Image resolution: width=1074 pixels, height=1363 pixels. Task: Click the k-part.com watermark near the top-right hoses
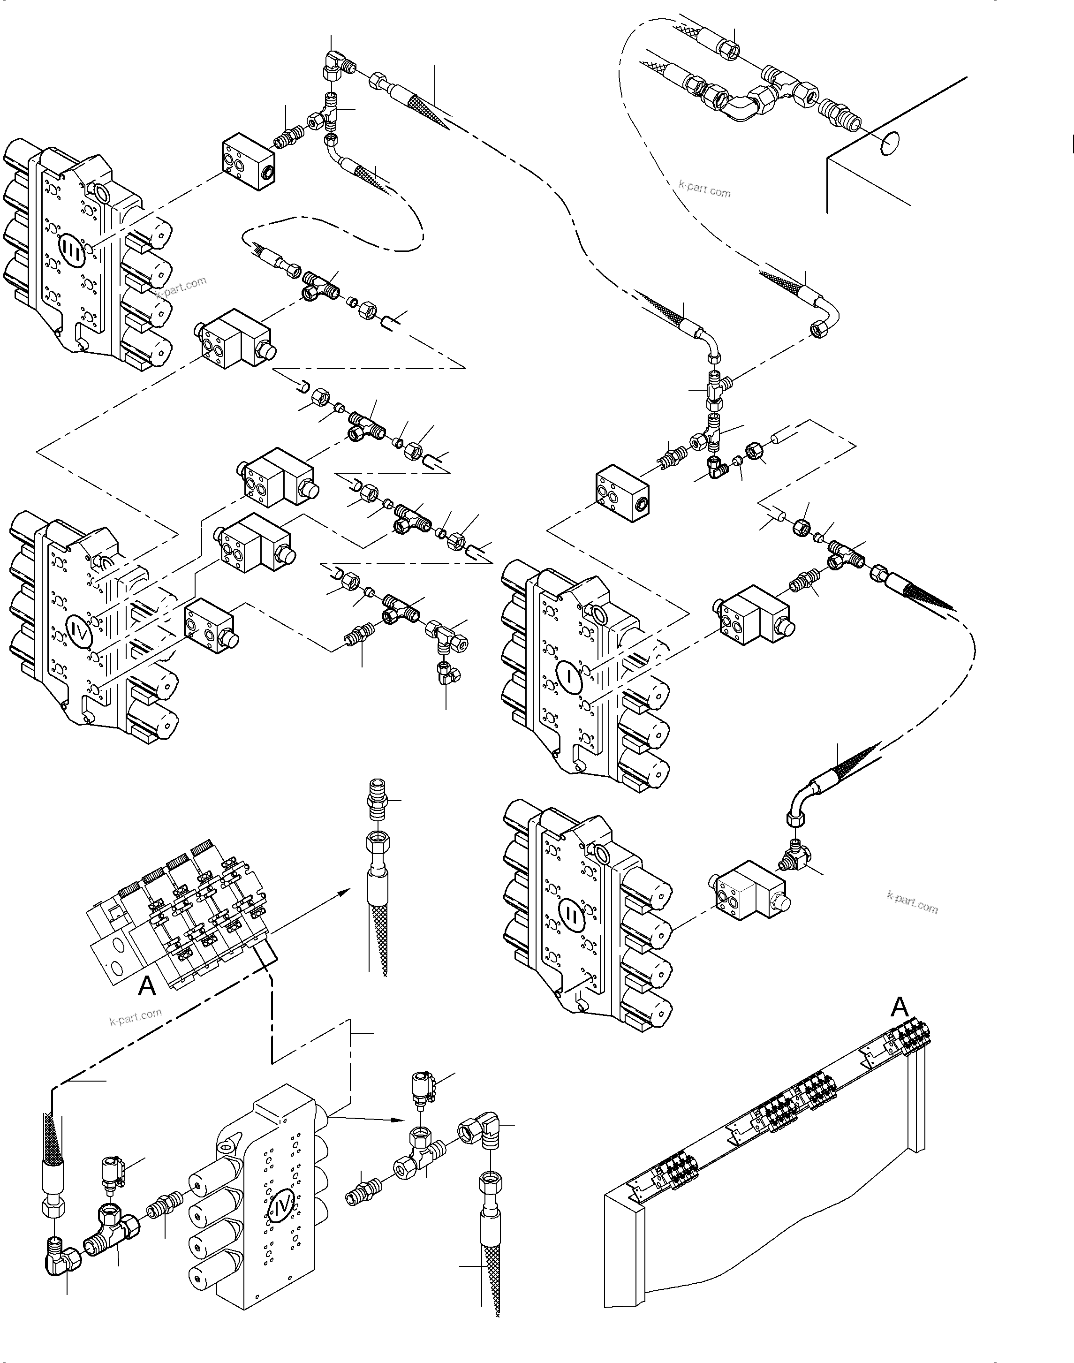705,189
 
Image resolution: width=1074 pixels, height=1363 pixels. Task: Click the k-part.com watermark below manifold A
135,1016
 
